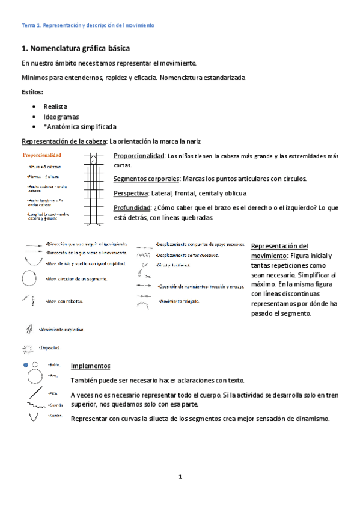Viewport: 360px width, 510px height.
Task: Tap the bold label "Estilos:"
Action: [x=32, y=92]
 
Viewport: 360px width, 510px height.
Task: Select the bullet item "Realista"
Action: [x=55, y=106]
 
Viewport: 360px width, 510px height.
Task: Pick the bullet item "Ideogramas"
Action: [x=61, y=117]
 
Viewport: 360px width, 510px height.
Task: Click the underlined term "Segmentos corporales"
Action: [x=145, y=179]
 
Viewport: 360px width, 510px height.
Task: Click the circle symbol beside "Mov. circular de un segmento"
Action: [x=29, y=279]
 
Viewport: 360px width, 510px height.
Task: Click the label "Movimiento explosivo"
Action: [x=62, y=330]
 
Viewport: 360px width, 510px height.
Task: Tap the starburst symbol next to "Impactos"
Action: [x=28, y=348]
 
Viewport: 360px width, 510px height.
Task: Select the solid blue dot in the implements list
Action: [x=25, y=365]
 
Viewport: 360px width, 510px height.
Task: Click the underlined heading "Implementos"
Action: [x=90, y=366]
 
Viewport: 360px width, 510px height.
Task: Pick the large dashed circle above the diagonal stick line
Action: [x=34, y=378]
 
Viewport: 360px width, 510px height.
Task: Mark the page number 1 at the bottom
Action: [x=179, y=477]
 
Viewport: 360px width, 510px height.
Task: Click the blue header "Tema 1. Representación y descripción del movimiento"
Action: [x=88, y=25]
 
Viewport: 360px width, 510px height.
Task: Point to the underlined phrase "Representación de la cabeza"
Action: [x=64, y=142]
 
